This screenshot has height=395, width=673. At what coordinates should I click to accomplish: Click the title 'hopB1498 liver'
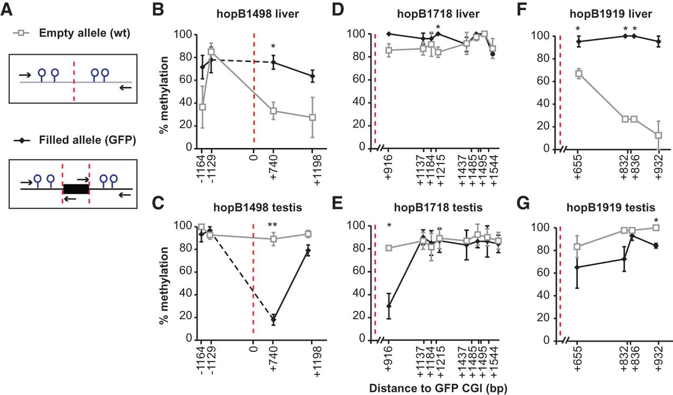[x=258, y=14]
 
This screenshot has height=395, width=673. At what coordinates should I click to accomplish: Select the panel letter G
[x=523, y=204]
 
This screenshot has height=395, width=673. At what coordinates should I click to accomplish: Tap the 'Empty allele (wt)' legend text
[x=85, y=33]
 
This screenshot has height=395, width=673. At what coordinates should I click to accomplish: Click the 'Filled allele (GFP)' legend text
[x=87, y=140]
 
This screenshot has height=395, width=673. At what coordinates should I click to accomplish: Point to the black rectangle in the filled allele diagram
[x=76, y=189]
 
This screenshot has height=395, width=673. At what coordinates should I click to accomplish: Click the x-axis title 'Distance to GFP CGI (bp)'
[x=438, y=388]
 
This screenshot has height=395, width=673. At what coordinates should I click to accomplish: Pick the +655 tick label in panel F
[x=578, y=168]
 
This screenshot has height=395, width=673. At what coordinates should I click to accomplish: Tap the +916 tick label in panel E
[x=389, y=359]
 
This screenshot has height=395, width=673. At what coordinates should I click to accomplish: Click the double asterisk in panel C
[x=272, y=225]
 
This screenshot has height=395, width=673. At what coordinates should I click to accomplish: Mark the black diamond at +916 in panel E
[x=389, y=306]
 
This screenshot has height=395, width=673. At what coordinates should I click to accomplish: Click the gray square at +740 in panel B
[x=273, y=111]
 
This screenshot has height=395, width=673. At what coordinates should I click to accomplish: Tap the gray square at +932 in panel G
[x=656, y=228]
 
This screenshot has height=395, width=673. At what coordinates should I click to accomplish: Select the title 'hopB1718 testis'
[x=438, y=207]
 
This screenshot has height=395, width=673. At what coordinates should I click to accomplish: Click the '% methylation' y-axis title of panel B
[x=164, y=95]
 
